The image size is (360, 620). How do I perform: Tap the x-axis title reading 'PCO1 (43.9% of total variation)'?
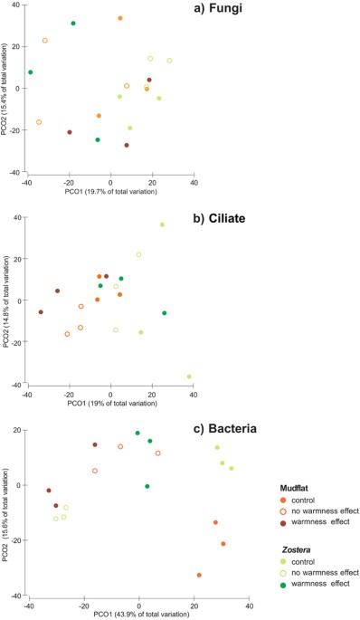pyautogui.click(x=111, y=615)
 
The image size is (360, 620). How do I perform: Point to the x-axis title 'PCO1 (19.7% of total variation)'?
pyautogui.click(x=111, y=191)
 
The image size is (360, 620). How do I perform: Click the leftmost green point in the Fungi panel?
pyautogui.click(x=30, y=72)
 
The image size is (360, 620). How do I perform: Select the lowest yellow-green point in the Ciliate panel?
pyautogui.click(x=189, y=377)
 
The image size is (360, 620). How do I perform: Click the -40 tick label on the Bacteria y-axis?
pyautogui.click(x=18, y=596)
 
